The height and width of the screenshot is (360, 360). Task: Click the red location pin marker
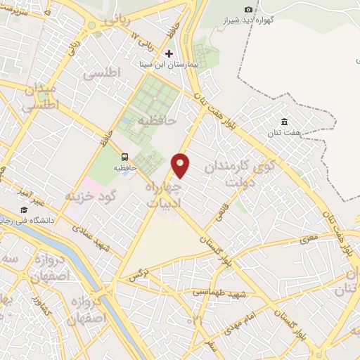[x=181, y=165]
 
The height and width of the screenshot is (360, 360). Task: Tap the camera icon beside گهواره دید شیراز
[x=248, y=8]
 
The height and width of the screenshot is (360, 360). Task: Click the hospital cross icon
[x=169, y=53]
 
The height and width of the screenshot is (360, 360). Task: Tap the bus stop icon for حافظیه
[x=125, y=157]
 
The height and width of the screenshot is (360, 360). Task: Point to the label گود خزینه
[x=90, y=195]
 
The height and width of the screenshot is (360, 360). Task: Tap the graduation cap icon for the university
[x=23, y=210]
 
